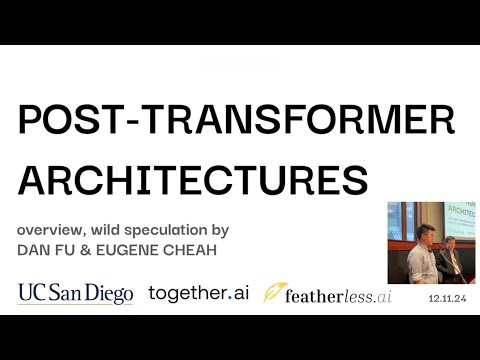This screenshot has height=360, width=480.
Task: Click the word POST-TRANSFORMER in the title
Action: (x=236, y=122)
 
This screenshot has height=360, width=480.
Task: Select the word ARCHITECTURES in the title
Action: (x=193, y=181)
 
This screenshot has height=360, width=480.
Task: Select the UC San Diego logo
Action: (x=75, y=293)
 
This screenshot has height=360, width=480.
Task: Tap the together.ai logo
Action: (x=197, y=293)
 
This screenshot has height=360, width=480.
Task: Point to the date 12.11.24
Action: (x=447, y=299)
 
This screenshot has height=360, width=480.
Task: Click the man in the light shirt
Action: (x=421, y=253)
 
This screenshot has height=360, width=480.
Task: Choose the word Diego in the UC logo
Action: (x=108, y=294)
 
